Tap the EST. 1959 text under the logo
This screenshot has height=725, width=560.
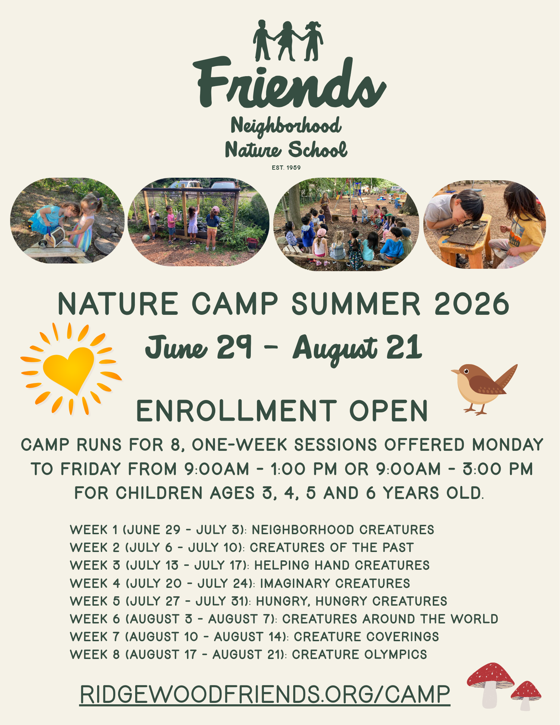[286, 168]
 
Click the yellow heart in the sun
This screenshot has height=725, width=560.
[69, 368]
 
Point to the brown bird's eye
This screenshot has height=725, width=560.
[466, 370]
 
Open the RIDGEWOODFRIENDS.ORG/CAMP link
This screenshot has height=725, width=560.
[265, 695]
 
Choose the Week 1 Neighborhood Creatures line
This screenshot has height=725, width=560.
[252, 530]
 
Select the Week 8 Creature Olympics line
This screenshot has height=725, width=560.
[248, 655]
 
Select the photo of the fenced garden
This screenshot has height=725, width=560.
[198, 222]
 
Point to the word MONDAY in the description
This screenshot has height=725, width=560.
[507, 445]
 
